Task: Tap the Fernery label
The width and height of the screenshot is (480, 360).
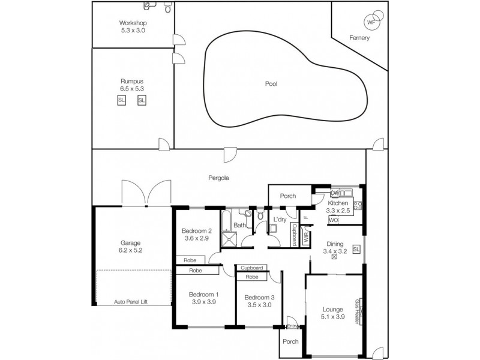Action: [359, 38]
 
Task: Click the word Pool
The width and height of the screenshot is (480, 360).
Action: [271, 84]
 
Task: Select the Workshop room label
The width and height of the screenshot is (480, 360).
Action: [133, 23]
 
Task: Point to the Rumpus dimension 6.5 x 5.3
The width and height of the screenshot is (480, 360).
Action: [132, 88]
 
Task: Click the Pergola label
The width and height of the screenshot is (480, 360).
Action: [220, 178]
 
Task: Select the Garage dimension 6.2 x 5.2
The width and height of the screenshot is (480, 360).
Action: [131, 250]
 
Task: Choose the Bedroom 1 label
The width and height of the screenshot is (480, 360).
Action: [203, 295]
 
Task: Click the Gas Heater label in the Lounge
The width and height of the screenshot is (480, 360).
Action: [358, 311]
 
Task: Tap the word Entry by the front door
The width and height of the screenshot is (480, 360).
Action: [292, 326]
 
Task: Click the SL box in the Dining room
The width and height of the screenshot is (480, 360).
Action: [356, 249]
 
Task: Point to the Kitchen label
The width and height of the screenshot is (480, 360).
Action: [338, 203]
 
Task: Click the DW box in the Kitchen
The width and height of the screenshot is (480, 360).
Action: [335, 193]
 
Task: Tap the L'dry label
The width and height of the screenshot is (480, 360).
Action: [280, 220]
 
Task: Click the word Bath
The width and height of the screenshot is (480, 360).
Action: [239, 226]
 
